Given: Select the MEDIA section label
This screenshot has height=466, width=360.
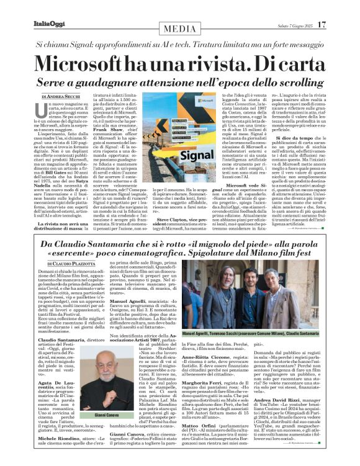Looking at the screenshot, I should (179, 29).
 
